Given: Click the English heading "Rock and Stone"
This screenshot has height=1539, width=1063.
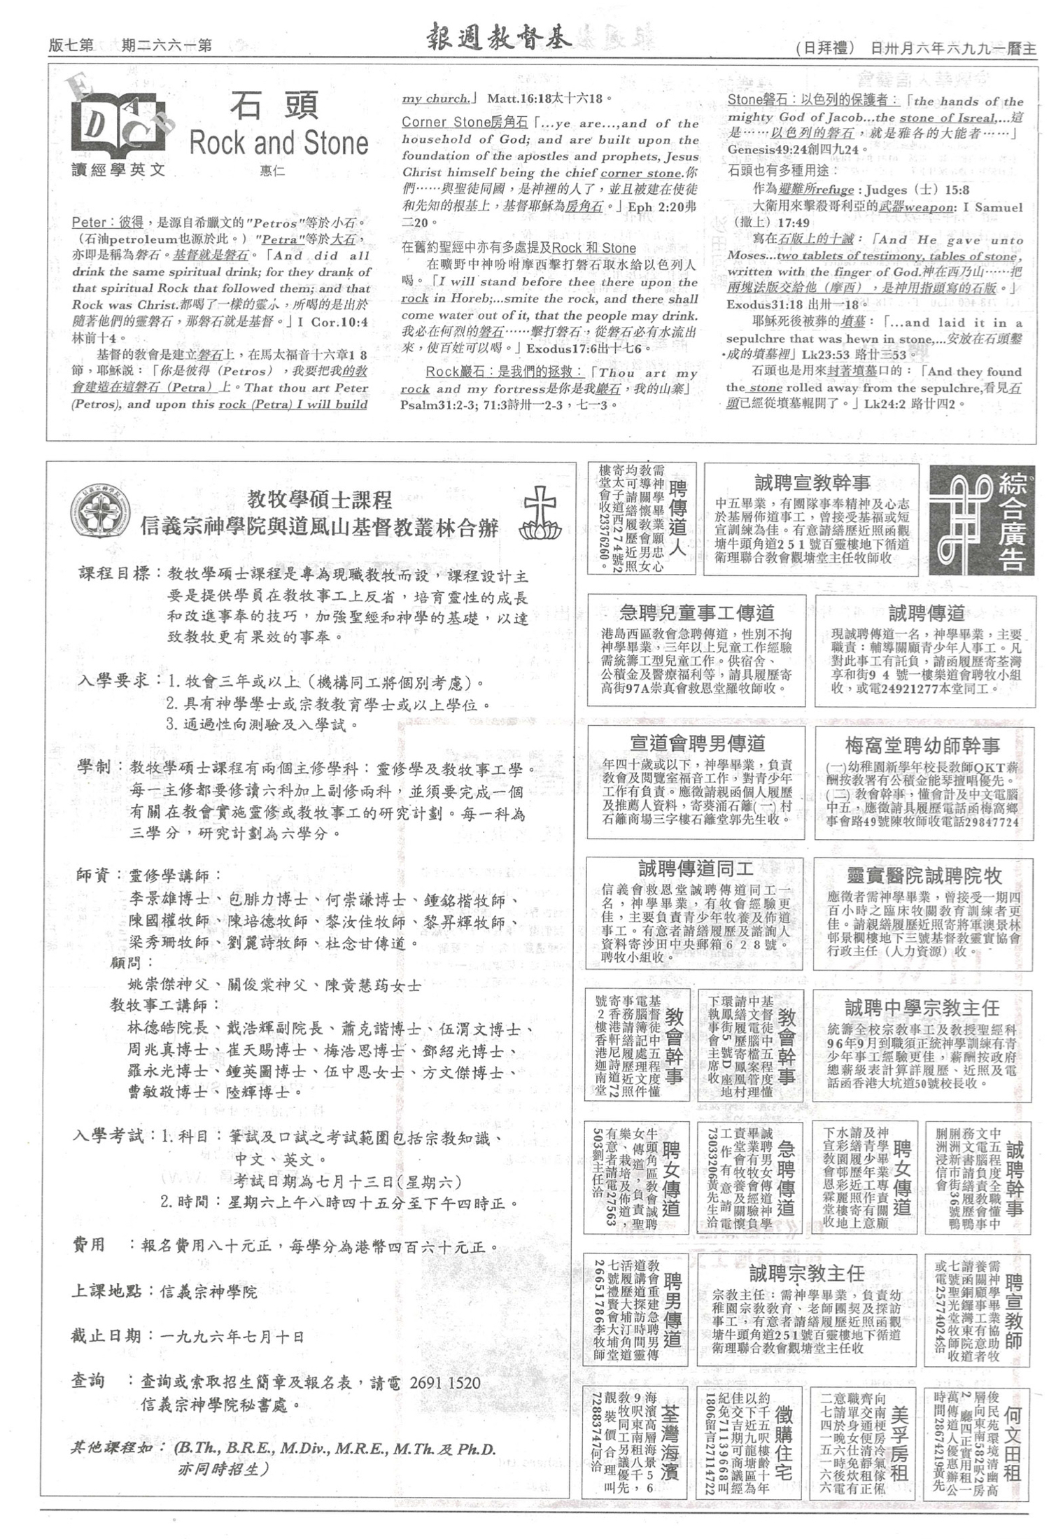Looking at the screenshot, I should click(279, 143).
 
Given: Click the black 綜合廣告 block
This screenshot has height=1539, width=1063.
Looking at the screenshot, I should click(981, 520).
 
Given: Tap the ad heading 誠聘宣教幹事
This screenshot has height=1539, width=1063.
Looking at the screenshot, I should click(812, 482).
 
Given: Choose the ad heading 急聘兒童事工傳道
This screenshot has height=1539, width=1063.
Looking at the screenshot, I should click(696, 613).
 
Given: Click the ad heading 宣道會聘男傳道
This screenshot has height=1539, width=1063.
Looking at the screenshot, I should click(697, 743).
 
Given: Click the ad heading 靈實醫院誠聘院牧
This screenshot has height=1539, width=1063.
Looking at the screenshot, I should click(924, 876).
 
